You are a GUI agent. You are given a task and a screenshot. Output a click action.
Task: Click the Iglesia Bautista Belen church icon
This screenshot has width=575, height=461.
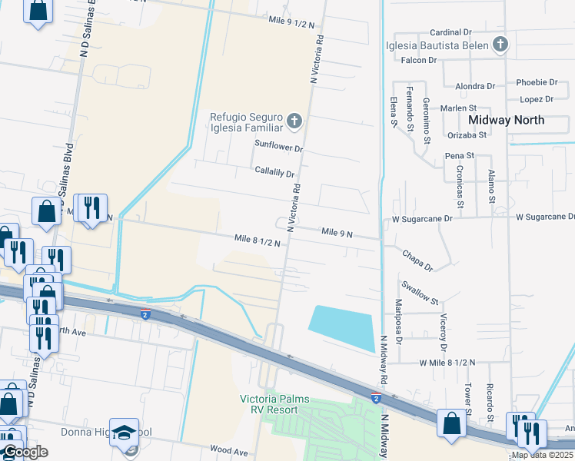500,45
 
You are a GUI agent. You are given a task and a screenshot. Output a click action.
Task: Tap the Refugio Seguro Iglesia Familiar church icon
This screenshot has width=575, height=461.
293,121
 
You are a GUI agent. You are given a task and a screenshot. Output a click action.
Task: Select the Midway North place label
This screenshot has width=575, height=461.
506,120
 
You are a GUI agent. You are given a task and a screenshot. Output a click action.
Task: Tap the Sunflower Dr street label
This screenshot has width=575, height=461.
279,144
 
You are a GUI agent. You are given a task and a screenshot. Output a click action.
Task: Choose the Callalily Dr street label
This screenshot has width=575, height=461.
274,174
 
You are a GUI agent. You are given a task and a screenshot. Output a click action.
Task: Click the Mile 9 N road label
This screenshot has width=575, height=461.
337,232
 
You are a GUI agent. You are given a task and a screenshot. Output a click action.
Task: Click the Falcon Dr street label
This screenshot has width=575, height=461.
418,60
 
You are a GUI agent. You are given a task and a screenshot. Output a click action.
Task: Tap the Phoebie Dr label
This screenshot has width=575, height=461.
537,82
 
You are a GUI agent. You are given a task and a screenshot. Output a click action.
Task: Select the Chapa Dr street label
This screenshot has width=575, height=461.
417,258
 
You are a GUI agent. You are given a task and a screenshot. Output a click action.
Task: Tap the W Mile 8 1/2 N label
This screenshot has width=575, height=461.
447,362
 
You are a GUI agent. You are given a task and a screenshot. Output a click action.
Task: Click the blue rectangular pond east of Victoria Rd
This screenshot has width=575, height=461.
341,327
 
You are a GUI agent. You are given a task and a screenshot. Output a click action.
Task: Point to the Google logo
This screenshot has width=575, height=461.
25,452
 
